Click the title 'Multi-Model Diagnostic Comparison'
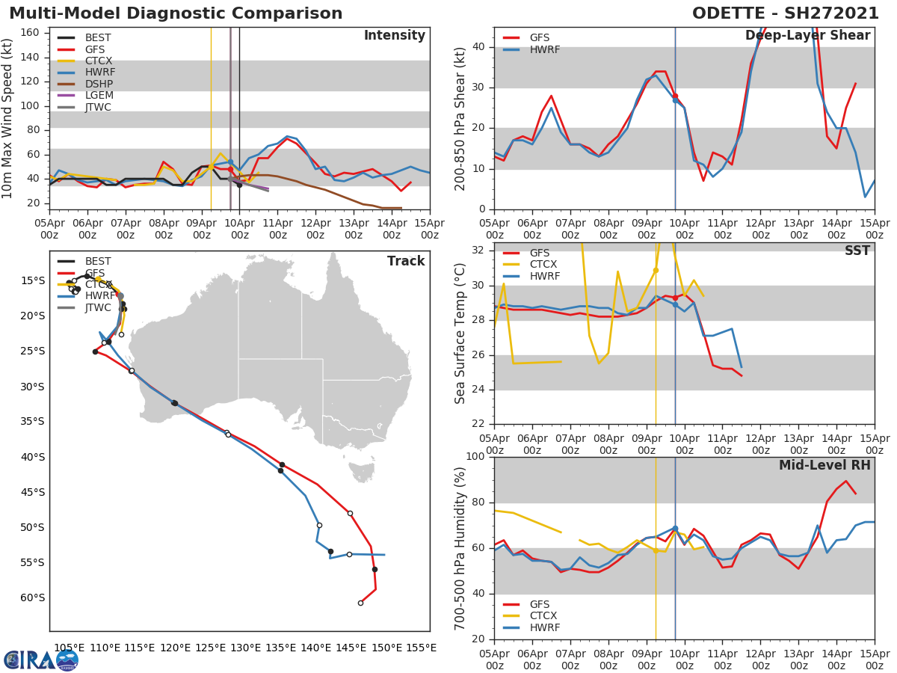tap(176, 13)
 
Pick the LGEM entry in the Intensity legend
tap(99, 95)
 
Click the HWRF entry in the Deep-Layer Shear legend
tap(544, 49)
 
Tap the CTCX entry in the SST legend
tap(544, 265)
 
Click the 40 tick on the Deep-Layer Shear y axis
tap(479, 47)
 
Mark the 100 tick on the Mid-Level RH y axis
tap(475, 457)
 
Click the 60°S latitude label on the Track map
tap(31, 597)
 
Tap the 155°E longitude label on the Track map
tap(421, 648)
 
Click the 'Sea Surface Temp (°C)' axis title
tap(460, 333)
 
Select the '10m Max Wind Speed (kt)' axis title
tap(8, 117)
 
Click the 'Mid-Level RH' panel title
tap(824, 466)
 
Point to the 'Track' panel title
tap(406, 261)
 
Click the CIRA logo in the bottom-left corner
tap(40, 660)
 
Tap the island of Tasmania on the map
tap(363, 472)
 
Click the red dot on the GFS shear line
tap(675, 96)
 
